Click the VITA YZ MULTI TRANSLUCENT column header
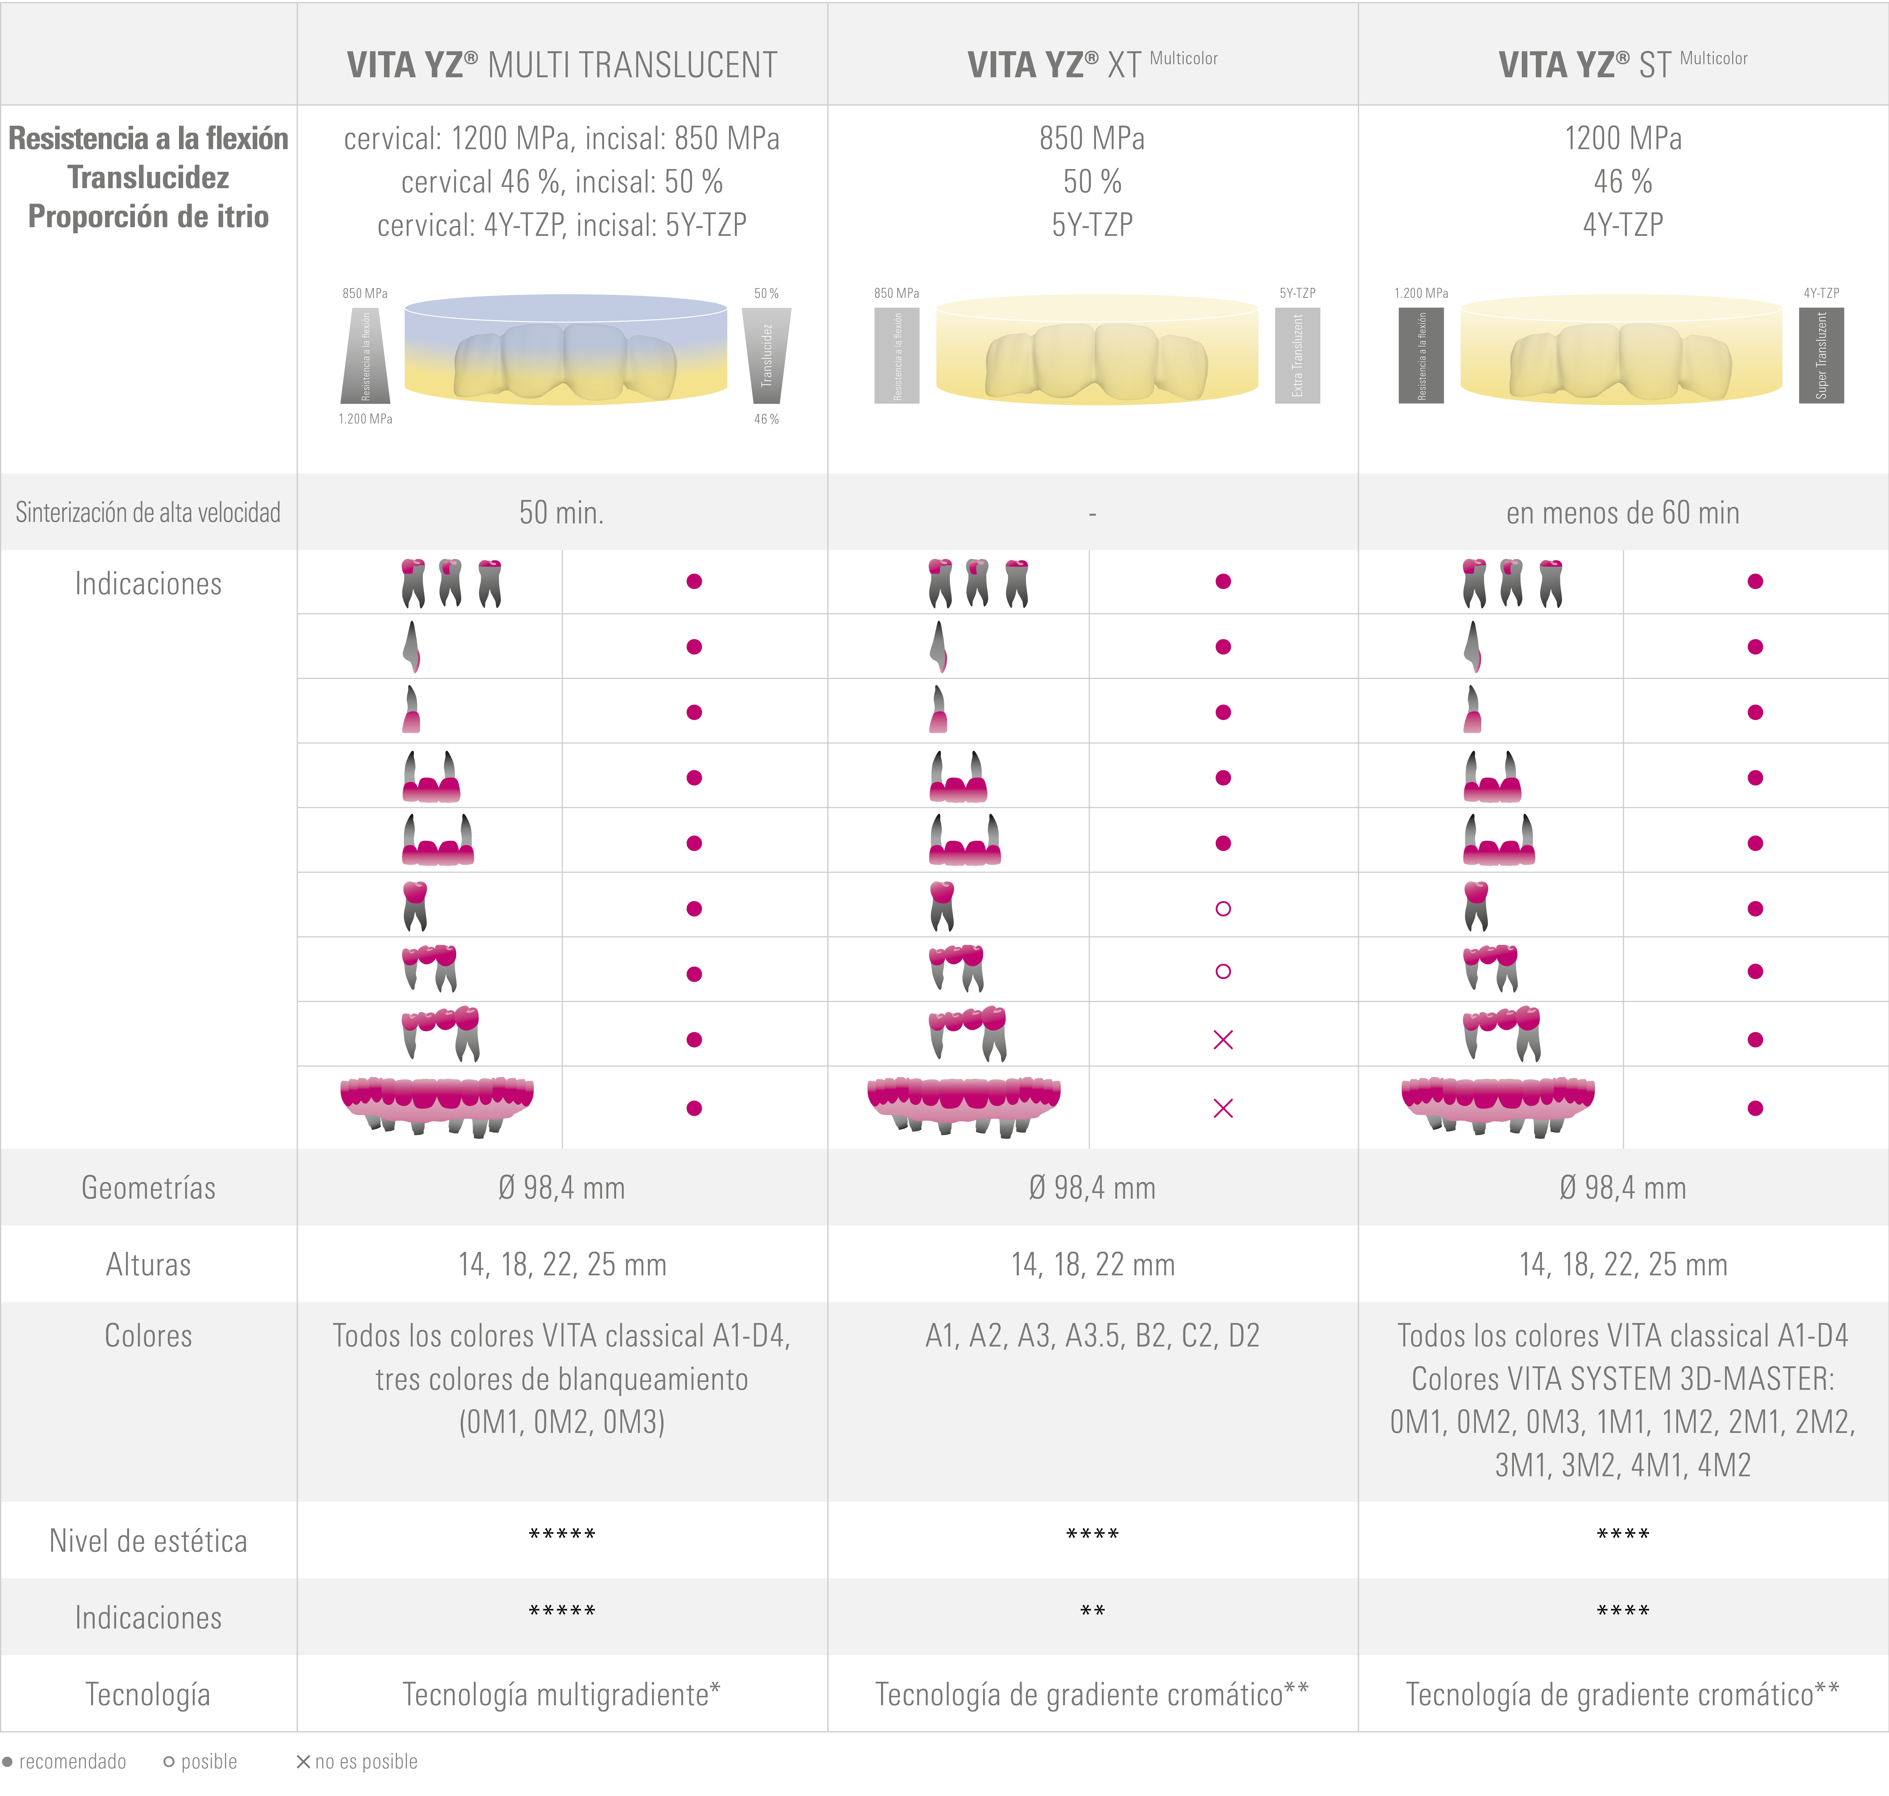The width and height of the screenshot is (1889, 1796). point(562,65)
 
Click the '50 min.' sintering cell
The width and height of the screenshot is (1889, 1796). point(562,513)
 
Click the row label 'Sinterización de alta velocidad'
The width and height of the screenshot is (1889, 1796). point(148,513)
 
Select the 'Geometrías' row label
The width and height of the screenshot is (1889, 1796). point(148,1188)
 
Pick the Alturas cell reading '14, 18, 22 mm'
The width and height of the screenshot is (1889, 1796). point(1092,1265)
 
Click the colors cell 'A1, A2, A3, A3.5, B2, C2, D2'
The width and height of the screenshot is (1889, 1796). point(1092,1336)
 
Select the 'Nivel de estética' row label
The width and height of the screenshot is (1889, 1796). point(148,1541)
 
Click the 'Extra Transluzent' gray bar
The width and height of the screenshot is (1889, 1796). point(1297,355)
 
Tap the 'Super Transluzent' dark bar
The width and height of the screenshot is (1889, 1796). point(1821,355)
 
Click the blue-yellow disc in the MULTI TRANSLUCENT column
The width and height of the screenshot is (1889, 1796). point(566,350)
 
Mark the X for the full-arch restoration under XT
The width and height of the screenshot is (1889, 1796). point(1223,1109)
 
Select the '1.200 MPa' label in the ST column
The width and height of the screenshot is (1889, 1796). point(1421,293)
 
